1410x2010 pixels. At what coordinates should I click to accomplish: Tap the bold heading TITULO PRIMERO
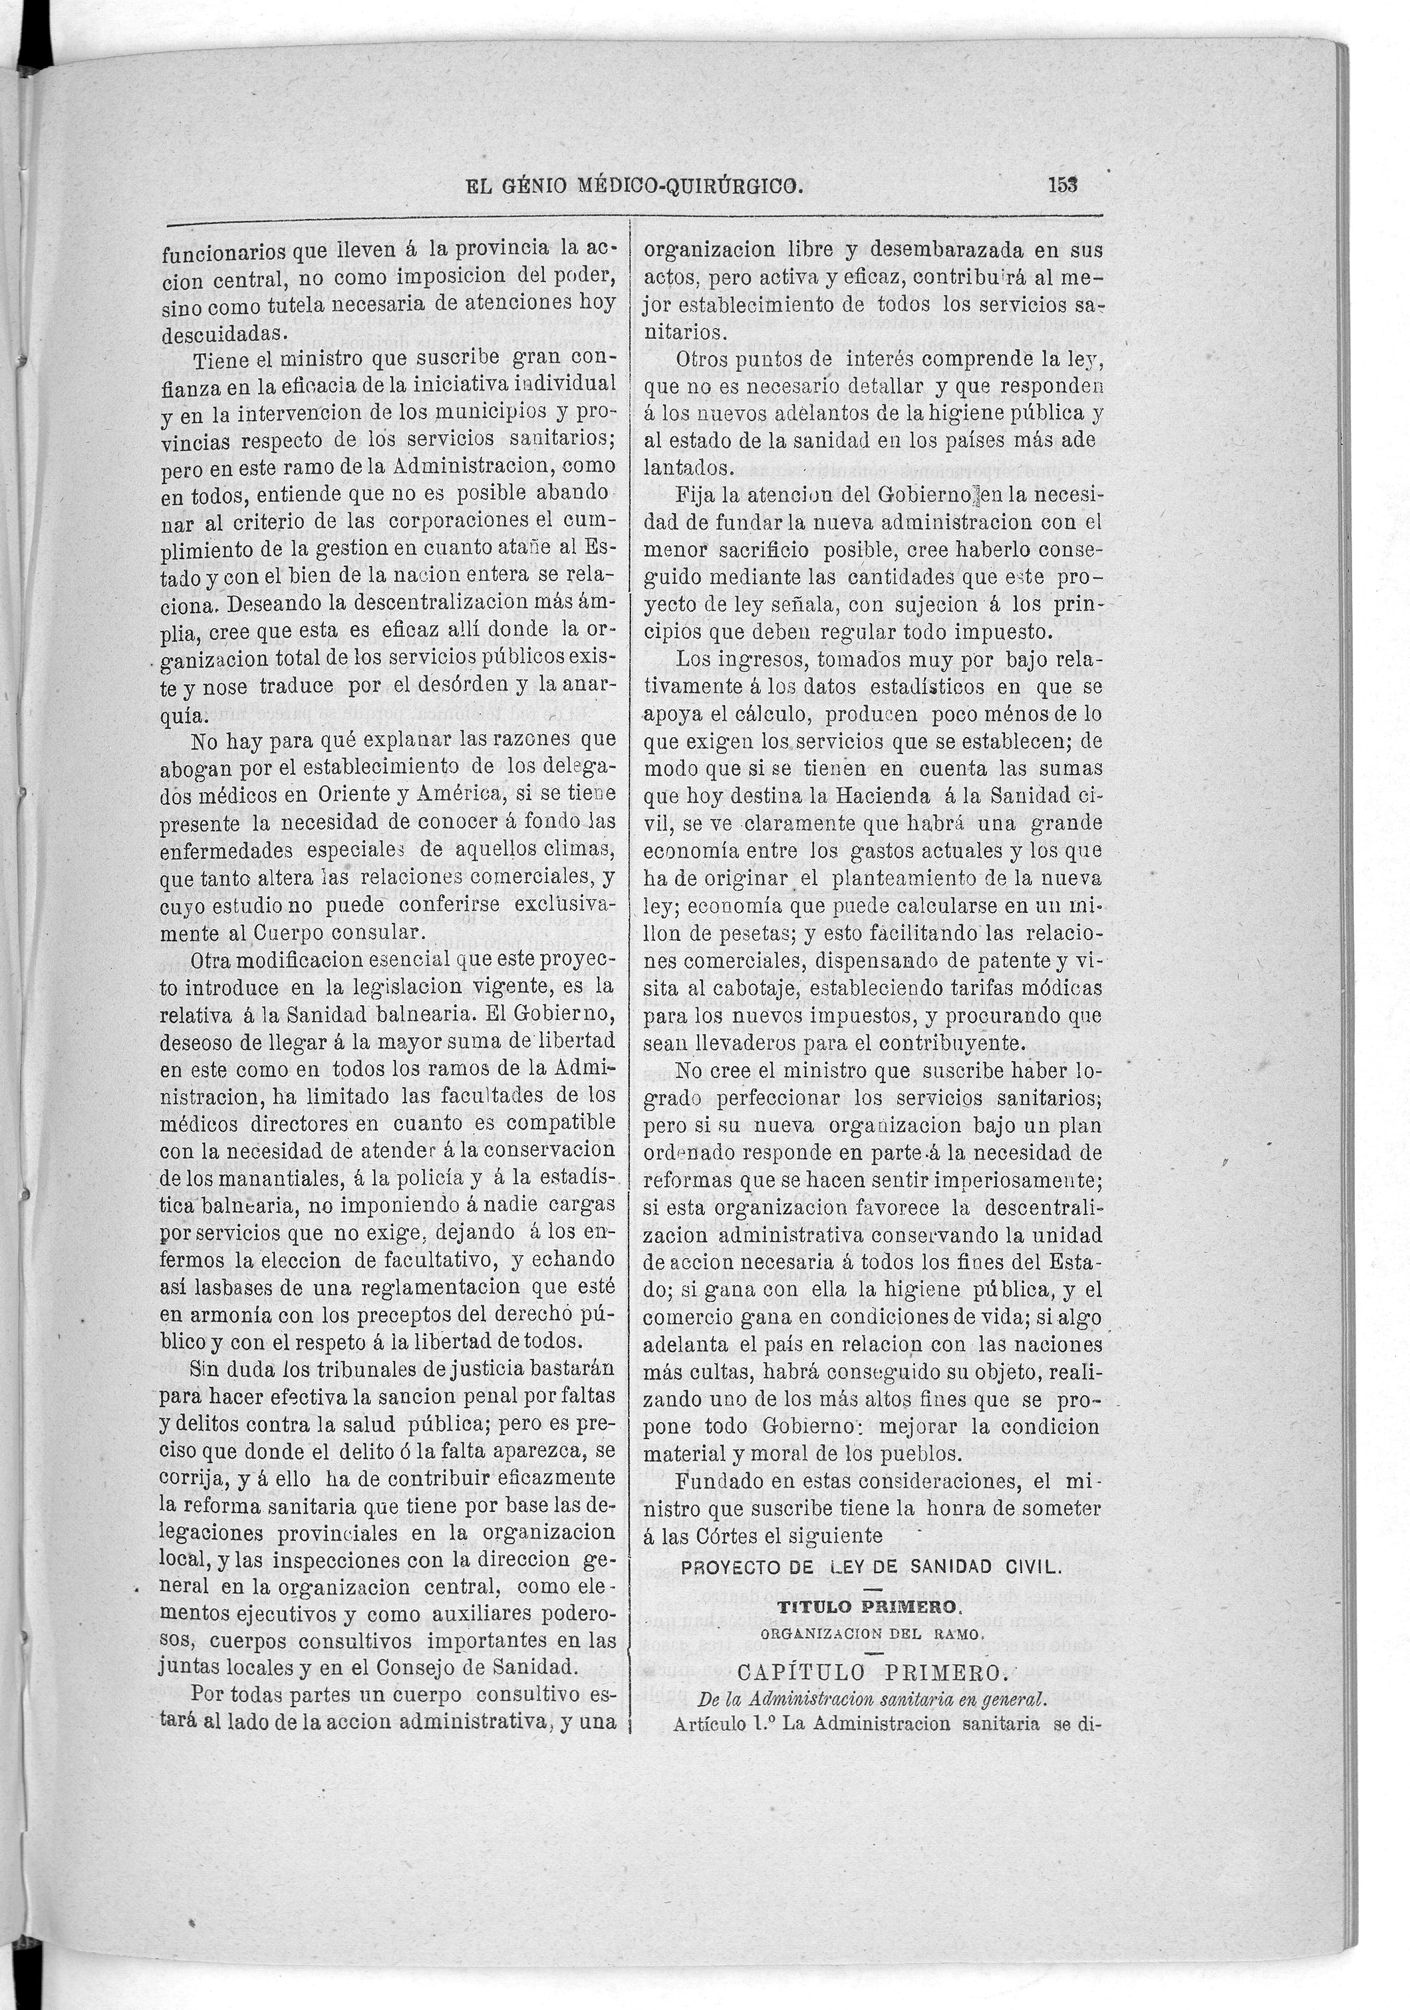tap(871, 1608)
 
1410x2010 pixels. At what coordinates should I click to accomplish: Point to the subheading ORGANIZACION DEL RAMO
tap(874, 1633)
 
